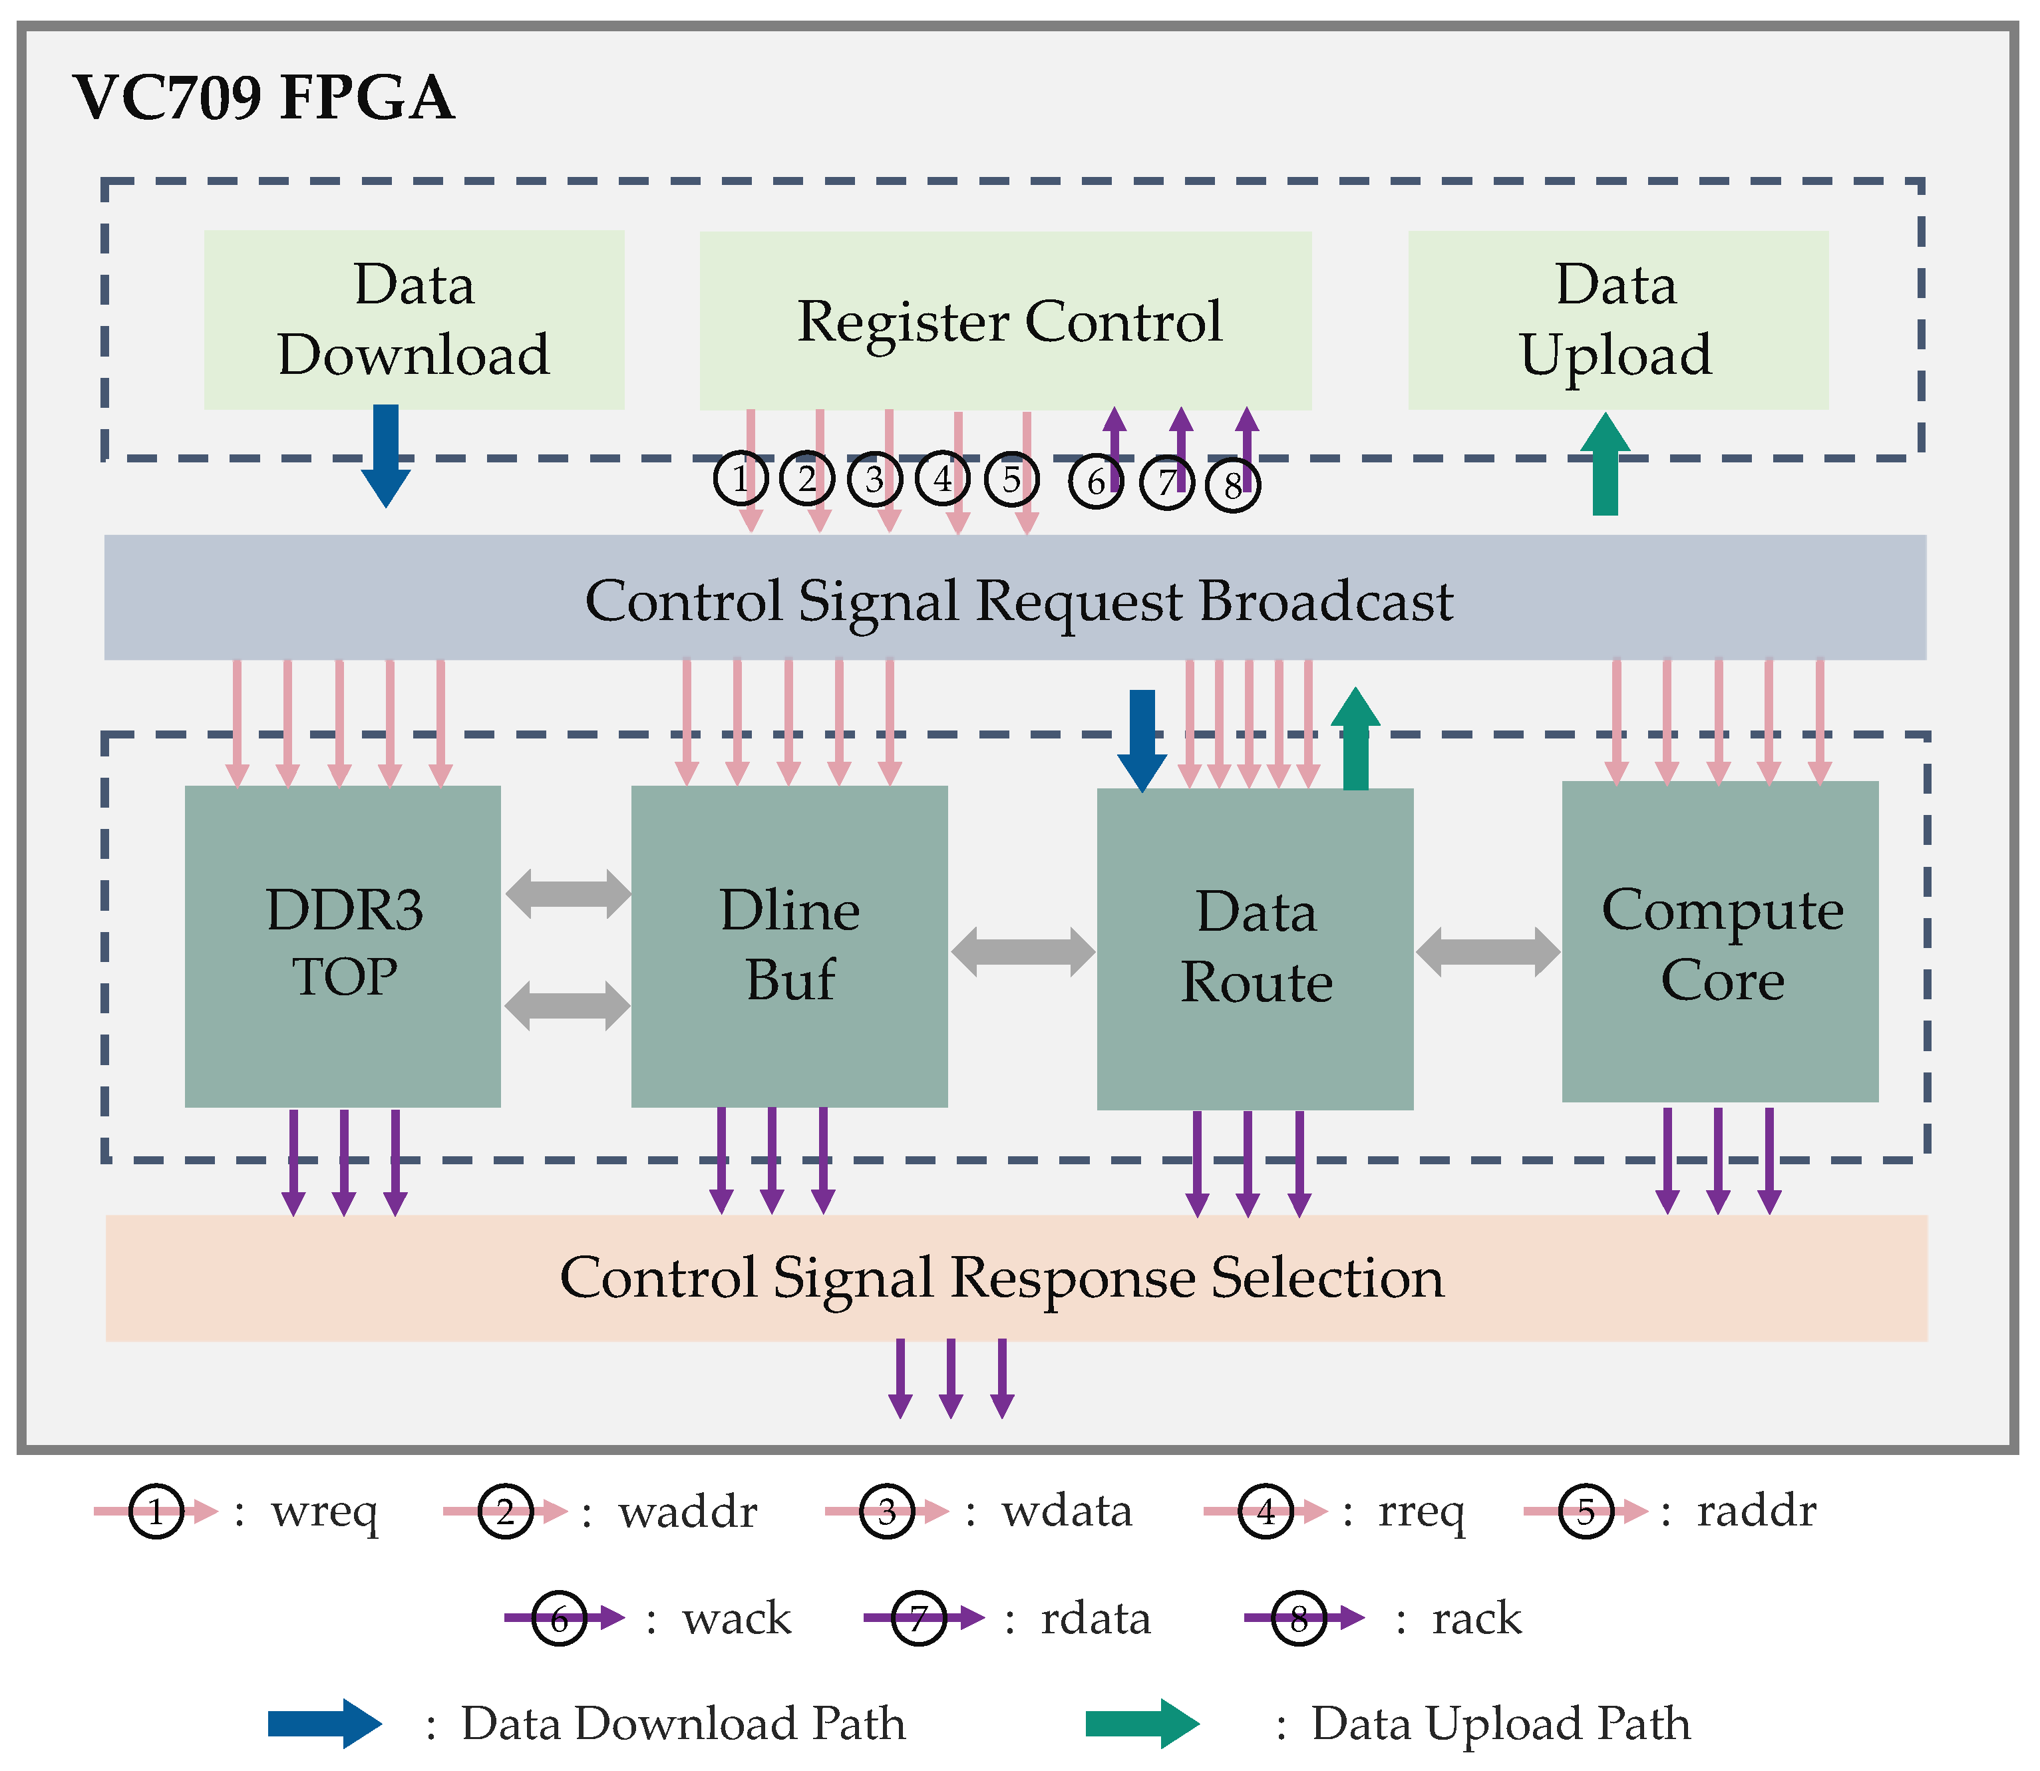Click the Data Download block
(x=413, y=319)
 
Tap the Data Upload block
(x=1617, y=319)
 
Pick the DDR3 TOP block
(x=342, y=946)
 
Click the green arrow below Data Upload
(x=1605, y=464)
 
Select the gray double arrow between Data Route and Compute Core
(x=1488, y=952)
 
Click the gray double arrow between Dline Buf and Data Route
(x=1023, y=952)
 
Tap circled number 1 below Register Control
(x=741, y=479)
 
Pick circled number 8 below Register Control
(x=1232, y=485)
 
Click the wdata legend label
(x=1067, y=1511)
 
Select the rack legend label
(x=1476, y=1618)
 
